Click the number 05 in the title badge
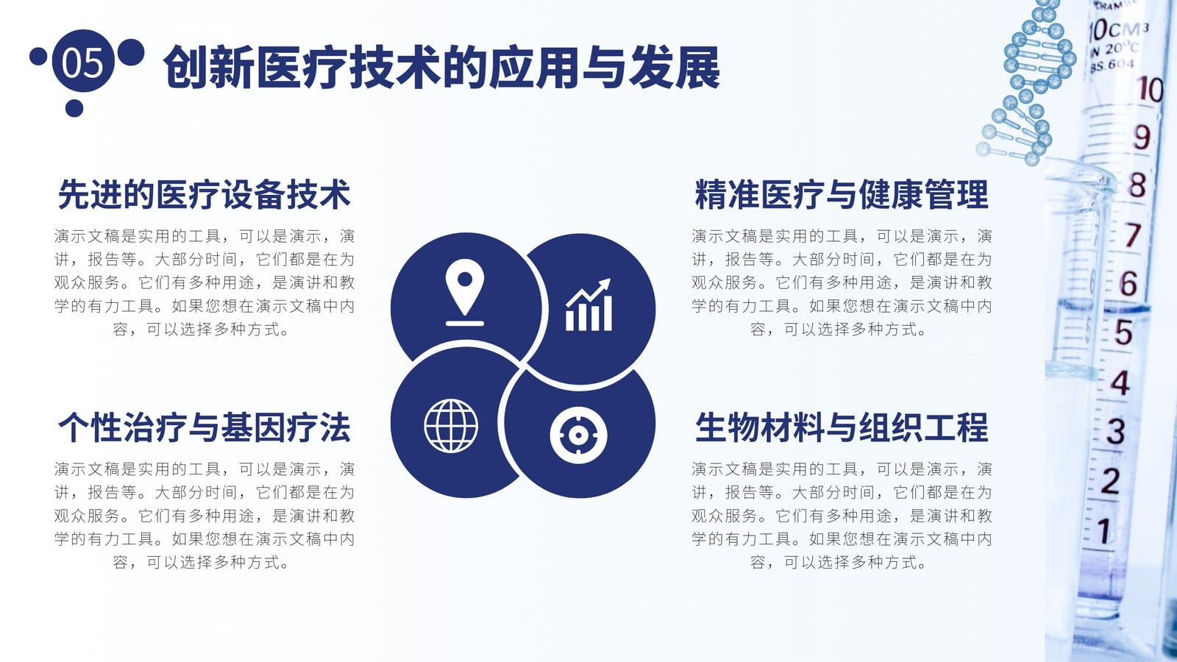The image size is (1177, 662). click(x=82, y=62)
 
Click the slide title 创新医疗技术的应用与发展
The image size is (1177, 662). click(x=441, y=68)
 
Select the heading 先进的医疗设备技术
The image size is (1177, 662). click(x=204, y=194)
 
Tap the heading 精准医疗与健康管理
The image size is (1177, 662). click(x=842, y=194)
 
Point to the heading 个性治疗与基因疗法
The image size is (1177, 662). click(x=204, y=427)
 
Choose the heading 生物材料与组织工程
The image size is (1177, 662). click(x=842, y=427)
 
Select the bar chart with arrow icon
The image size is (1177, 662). click(x=588, y=305)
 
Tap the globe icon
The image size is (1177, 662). click(x=451, y=426)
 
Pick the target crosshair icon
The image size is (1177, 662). click(x=578, y=435)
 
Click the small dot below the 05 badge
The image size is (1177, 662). click(x=74, y=108)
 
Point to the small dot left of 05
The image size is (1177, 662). click(x=38, y=56)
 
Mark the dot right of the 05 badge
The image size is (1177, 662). click(x=131, y=52)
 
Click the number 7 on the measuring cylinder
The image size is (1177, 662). click(x=1133, y=235)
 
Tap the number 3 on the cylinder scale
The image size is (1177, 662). click(x=1115, y=432)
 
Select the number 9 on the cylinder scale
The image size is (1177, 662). click(x=1141, y=137)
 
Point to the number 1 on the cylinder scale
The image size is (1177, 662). click(x=1104, y=530)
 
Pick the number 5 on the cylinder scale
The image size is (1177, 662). click(x=1123, y=332)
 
